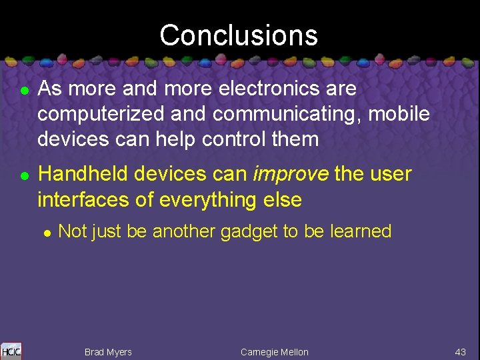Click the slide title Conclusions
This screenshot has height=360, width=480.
239,35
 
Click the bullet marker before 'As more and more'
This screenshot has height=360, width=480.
23,90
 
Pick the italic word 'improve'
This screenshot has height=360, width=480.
291,175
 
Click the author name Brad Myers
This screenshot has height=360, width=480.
108,352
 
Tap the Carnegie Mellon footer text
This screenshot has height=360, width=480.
275,352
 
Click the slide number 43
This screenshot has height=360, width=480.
460,352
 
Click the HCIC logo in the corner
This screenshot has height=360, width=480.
11,351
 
